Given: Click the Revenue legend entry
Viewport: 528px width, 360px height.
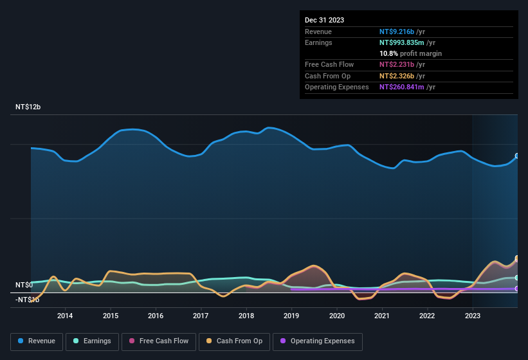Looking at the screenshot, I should click(x=37, y=341).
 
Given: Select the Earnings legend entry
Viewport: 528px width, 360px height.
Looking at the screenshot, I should click(x=92, y=341).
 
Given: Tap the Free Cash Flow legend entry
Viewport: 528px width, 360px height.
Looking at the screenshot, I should click(x=159, y=341).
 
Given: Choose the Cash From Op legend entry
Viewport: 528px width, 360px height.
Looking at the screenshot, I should click(x=234, y=341).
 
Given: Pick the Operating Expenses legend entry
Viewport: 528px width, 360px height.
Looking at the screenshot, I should click(x=318, y=341).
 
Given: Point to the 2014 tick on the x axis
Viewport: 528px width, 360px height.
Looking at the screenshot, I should click(x=65, y=316).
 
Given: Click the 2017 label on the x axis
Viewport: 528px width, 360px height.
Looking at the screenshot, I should click(x=201, y=316).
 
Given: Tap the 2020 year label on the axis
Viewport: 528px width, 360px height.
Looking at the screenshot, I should click(x=336, y=316).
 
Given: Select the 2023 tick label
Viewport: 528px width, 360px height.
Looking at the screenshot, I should click(x=472, y=316).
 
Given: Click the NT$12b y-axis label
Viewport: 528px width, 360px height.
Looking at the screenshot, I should click(x=28, y=107).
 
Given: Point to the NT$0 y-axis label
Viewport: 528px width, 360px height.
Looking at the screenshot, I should click(x=24, y=285).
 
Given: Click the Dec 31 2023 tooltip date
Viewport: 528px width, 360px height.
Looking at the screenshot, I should click(x=324, y=20).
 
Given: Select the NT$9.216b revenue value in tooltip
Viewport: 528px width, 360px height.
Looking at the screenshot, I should click(x=397, y=32).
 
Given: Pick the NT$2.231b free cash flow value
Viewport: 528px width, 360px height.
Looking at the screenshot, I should click(x=397, y=65).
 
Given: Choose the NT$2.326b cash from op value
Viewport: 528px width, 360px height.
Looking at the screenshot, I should click(x=397, y=76).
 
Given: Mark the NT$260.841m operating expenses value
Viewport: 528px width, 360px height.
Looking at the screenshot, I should click(x=401, y=87).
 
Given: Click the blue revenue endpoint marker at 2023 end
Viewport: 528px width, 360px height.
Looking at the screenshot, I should click(x=517, y=156).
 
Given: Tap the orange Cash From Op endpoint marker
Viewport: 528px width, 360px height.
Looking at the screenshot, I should click(x=517, y=259).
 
